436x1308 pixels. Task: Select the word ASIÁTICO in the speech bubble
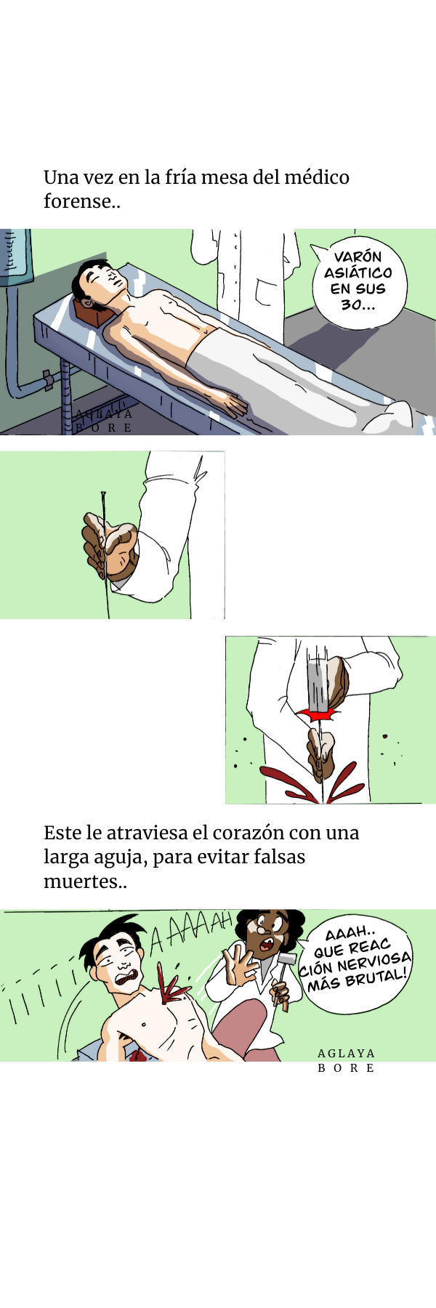358,272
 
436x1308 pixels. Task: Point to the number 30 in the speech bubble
352,304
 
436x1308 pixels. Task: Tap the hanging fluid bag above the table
16,257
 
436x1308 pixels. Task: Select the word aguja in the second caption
119,858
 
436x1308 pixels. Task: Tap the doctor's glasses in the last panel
261,930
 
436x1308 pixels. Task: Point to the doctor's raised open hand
238,963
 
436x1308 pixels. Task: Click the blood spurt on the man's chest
172,987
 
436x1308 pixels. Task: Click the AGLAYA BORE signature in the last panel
347,1060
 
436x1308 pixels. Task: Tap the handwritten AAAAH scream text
190,932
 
